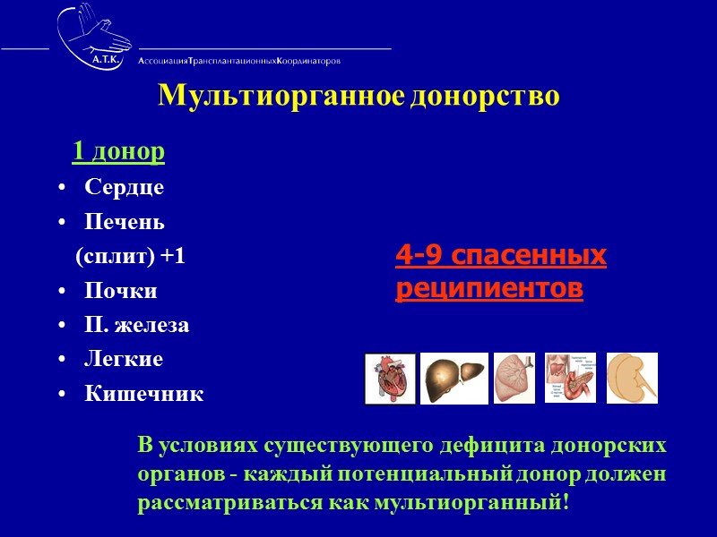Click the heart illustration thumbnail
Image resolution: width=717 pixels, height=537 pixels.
click(391, 379)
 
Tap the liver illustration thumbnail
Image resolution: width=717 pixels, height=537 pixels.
click(454, 378)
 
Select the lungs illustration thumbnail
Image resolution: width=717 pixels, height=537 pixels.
click(514, 378)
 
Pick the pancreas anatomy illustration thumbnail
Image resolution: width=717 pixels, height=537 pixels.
click(570, 378)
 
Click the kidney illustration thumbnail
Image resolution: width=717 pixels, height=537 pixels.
click(632, 378)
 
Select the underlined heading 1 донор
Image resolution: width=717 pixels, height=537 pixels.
click(118, 152)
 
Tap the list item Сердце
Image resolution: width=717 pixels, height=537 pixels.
click(125, 187)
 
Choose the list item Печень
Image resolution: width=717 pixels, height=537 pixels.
click(125, 221)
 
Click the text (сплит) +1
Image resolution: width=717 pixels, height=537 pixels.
click(130, 256)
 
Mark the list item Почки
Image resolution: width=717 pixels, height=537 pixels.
click(121, 291)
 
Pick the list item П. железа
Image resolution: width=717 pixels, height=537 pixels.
click(137, 325)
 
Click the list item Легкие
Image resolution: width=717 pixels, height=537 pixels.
click(124, 359)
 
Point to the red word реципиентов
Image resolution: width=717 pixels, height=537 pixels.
click(488, 289)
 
